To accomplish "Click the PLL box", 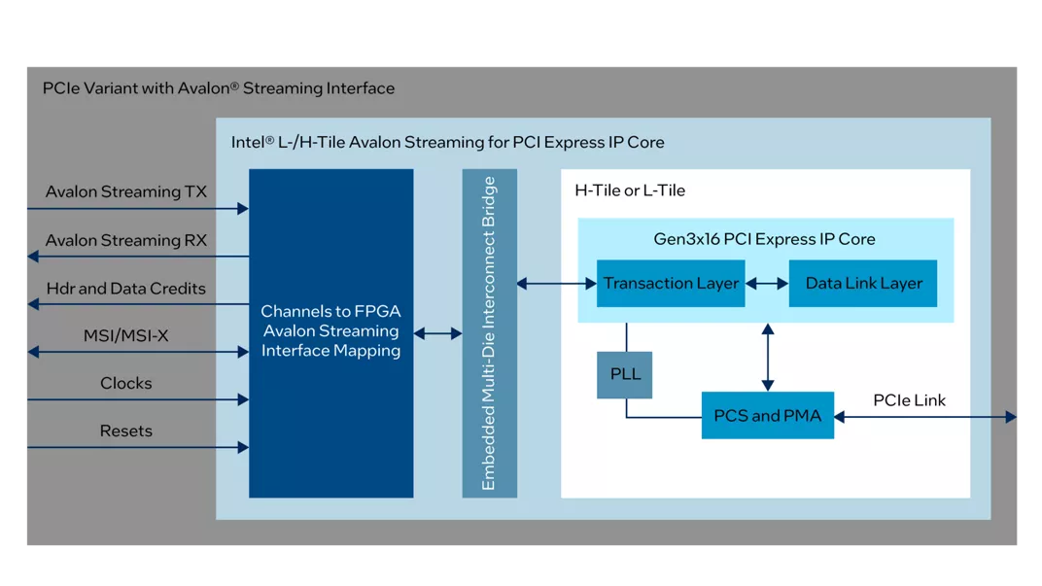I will pos(625,374).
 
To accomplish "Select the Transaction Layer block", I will pos(671,284).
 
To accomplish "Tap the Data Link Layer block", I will pos(863,284).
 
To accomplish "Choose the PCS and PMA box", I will pos(768,416).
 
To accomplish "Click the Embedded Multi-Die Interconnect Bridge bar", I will pos(489,333).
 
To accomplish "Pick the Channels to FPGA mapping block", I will pos(330,331).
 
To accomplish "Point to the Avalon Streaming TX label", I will pos(126,192).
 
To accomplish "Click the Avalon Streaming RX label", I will pos(126,240).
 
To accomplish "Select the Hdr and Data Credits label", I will pos(126,289).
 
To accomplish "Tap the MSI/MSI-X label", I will pos(126,336).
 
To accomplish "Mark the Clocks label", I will pos(126,383).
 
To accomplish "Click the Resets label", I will pos(126,431).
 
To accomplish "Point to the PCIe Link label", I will pos(909,400).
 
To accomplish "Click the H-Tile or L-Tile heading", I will pos(630,190).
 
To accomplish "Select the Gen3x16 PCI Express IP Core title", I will pos(764,239).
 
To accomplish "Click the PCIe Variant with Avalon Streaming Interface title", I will pos(219,88).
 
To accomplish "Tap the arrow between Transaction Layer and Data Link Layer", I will pos(767,284).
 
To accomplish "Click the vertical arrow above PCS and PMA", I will pos(768,357).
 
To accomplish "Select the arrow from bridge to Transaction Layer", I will pos(556,284).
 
